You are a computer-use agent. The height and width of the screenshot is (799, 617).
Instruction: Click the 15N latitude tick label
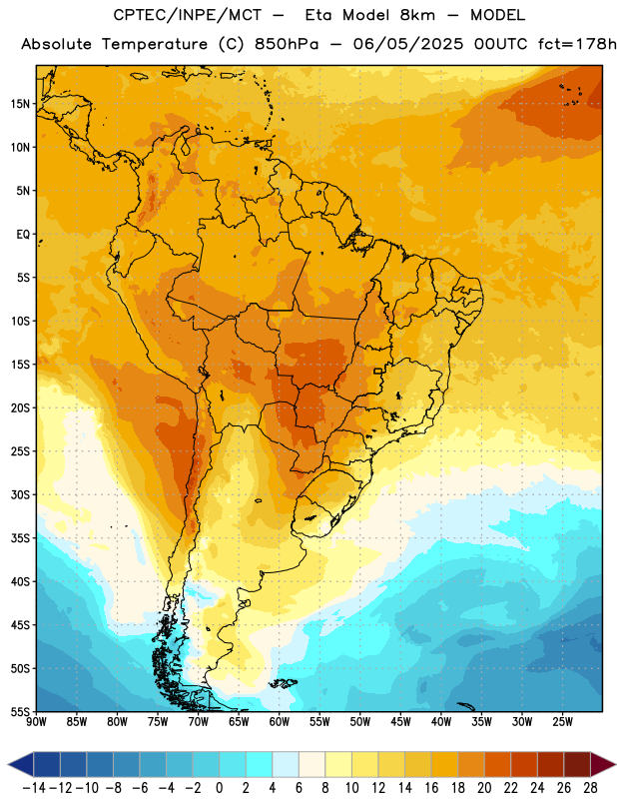[20, 104]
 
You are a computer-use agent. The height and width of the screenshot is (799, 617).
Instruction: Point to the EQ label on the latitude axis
[23, 235]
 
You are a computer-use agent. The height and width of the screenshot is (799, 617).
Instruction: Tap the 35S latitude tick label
[21, 538]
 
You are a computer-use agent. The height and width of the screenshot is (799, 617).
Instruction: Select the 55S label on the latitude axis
[21, 712]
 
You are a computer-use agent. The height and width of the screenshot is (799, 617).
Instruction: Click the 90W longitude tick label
[36, 722]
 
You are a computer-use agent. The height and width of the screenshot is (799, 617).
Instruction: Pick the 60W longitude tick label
[280, 722]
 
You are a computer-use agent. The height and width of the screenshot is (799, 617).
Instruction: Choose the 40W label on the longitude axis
[441, 722]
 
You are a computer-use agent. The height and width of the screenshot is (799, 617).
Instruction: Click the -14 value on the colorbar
[34, 788]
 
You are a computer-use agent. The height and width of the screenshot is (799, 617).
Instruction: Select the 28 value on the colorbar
[590, 788]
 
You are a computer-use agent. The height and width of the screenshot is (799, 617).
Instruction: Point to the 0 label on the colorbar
[219, 788]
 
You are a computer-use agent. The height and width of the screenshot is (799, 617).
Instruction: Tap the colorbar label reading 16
[431, 788]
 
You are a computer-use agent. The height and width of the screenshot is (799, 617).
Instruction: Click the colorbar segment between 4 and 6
[286, 764]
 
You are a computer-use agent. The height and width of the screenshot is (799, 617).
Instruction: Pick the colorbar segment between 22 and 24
[524, 764]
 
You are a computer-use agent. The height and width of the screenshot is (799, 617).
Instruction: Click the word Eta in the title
[318, 15]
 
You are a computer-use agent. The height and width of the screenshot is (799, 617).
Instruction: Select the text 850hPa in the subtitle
[287, 44]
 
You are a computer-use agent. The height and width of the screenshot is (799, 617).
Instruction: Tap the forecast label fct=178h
[577, 44]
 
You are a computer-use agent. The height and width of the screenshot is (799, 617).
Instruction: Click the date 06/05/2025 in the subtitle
[408, 44]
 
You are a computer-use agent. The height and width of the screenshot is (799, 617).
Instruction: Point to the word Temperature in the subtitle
[155, 45]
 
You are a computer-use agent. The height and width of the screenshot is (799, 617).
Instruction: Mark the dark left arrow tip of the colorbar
[9, 764]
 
